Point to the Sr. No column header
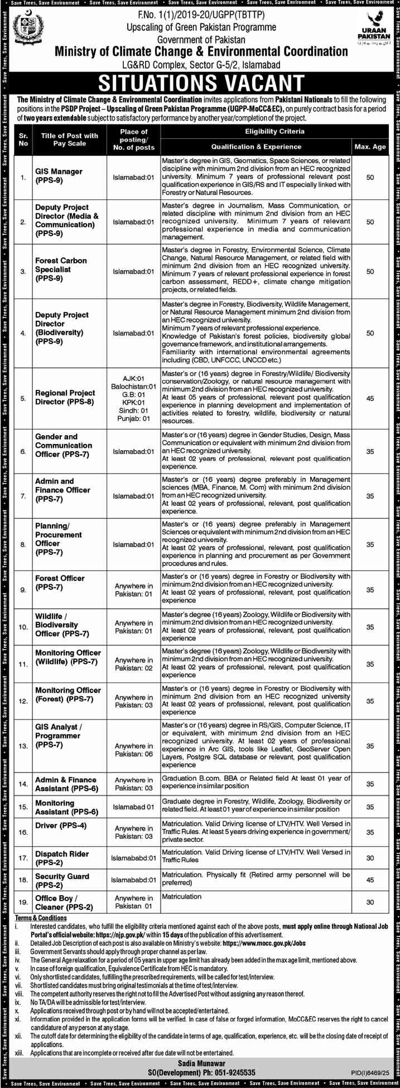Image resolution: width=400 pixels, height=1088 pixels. [x=23, y=139]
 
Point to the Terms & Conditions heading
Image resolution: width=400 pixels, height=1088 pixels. [x=41, y=918]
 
